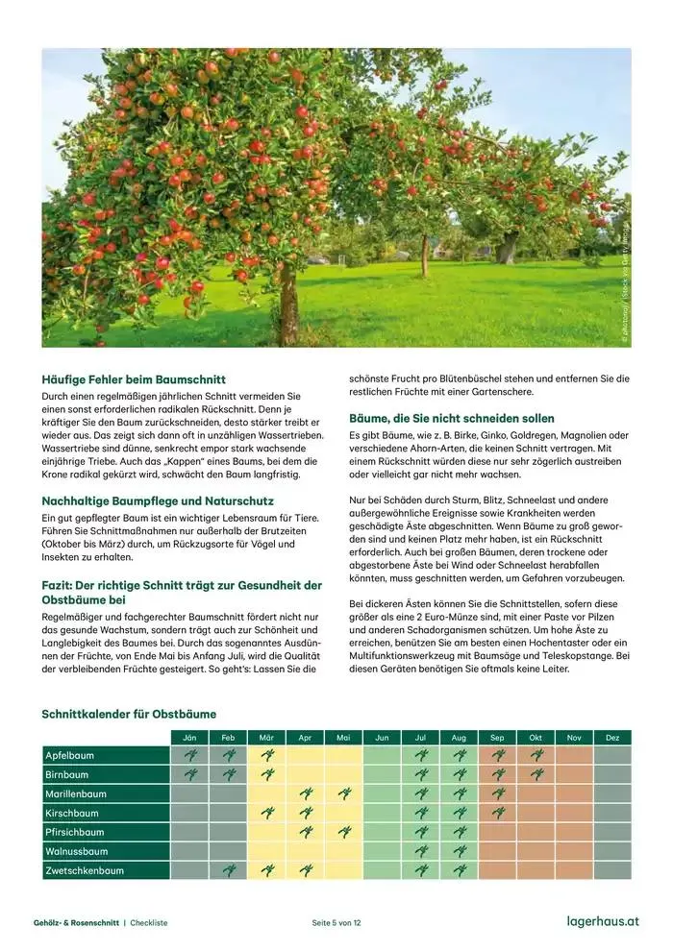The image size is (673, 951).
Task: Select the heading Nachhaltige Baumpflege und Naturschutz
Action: [158, 500]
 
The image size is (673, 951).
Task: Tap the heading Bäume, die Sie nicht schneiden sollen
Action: [451, 419]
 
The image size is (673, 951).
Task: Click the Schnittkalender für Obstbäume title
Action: [129, 714]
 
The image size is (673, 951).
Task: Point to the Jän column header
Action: [189, 738]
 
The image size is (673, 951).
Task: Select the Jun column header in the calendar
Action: [382, 738]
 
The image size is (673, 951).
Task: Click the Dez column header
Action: [612, 738]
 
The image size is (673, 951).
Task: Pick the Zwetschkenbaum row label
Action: [85, 870]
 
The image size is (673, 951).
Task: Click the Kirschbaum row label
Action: [72, 813]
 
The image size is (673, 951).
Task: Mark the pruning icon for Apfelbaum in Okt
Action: [536, 755]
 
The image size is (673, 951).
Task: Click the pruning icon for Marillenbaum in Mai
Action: [343, 793]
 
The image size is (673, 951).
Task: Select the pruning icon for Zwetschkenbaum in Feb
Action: [228, 870]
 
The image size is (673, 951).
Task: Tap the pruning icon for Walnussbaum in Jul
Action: [420, 851]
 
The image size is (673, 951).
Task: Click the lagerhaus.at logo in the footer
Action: [603, 922]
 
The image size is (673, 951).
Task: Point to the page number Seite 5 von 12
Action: [336, 923]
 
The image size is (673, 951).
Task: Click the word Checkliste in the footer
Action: [149, 923]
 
